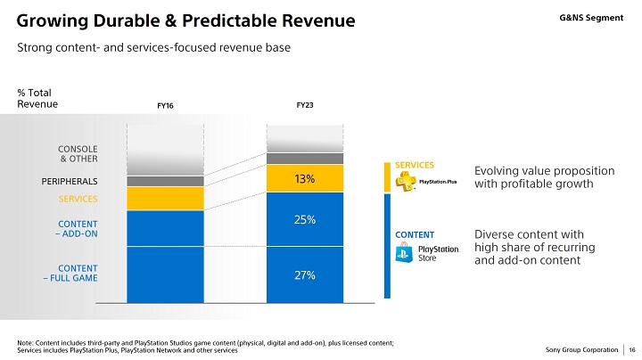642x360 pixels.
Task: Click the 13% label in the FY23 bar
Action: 305,179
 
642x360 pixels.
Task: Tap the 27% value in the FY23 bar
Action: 305,275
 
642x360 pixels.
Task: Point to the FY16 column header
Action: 165,106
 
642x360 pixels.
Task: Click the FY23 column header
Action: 305,105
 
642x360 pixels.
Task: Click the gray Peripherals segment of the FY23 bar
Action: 305,159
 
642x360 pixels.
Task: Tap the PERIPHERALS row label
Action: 69,181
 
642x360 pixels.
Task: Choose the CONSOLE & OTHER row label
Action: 78,153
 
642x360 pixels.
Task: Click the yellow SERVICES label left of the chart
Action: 78,198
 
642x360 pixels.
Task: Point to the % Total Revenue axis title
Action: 37,98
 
